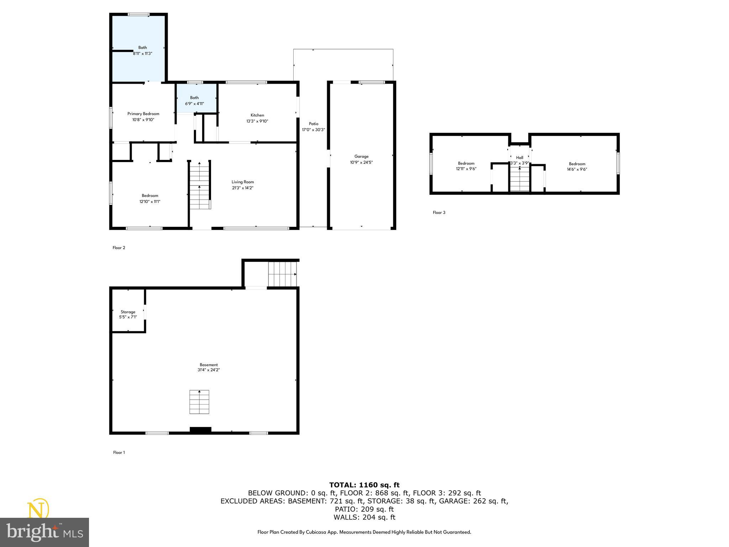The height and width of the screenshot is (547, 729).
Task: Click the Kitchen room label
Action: [257, 115]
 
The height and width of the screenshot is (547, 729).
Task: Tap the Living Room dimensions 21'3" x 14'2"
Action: [243, 188]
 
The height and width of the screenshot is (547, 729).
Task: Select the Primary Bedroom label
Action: [143, 114]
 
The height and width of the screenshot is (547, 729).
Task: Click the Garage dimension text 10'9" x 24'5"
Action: [361, 162]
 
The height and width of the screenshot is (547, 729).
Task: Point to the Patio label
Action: [314, 124]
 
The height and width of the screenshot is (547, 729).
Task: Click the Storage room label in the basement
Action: [128, 312]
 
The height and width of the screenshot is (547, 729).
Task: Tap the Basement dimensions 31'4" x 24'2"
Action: [209, 370]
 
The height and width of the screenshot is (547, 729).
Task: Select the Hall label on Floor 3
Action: [520, 157]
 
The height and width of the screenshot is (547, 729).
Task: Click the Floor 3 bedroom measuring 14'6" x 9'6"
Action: [577, 167]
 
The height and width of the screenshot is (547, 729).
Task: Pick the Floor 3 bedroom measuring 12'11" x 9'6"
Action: [466, 166]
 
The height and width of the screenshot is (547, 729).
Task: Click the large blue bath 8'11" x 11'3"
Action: [142, 50]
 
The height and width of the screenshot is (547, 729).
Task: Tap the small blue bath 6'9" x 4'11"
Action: [194, 100]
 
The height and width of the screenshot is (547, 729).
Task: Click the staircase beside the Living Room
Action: [199, 185]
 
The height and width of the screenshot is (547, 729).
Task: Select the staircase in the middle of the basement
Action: [199, 402]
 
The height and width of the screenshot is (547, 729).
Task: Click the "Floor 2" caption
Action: [119, 248]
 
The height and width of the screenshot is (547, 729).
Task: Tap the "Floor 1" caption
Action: [119, 453]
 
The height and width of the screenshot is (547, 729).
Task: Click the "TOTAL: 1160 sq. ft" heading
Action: [364, 485]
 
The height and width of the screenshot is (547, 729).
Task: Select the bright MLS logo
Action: [44, 532]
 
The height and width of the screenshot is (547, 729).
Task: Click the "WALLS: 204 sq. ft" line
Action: [364, 517]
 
